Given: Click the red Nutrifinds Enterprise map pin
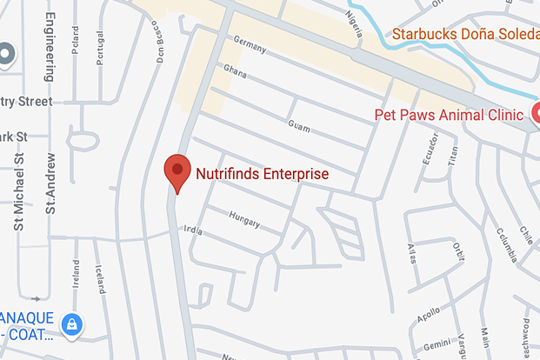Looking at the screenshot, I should coord(177,170).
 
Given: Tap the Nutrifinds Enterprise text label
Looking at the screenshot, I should coord(262,174).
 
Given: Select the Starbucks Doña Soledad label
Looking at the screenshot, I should coord(464,35).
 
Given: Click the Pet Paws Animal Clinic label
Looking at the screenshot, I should coord(448,115).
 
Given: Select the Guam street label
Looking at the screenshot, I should coord(298,126).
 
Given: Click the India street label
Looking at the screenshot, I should coord(193,231).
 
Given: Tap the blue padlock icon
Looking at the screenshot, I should coord(72,323).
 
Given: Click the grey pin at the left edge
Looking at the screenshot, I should coord(6,55).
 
